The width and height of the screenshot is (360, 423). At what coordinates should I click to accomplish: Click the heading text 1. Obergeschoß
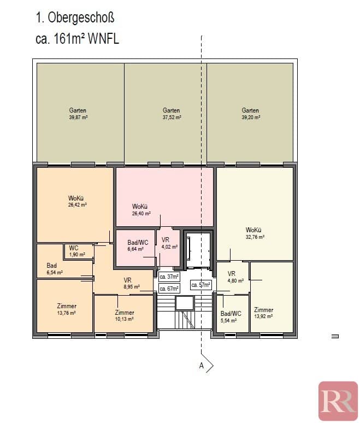(75, 18)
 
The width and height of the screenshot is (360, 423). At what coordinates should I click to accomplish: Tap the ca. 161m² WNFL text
(77, 39)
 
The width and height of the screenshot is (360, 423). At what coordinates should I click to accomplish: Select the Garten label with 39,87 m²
(78, 114)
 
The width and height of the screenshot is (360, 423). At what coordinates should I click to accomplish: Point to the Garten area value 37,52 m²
(172, 117)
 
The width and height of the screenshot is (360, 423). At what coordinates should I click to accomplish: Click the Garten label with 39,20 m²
(251, 114)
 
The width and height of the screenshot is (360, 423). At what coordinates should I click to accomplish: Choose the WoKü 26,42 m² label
(78, 201)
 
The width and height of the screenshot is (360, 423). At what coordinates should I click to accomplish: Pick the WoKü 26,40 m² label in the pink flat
(141, 210)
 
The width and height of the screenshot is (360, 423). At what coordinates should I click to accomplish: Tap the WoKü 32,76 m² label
(255, 233)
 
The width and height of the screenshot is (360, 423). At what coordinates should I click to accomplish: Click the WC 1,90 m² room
(77, 251)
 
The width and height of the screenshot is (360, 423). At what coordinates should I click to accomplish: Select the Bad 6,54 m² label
(55, 269)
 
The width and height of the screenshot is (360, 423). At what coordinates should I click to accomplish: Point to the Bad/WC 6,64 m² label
(138, 245)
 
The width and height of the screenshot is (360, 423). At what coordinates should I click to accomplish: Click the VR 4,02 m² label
(169, 243)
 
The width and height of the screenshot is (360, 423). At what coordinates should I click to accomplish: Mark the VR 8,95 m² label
(132, 283)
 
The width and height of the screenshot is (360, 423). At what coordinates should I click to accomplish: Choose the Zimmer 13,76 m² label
(66, 309)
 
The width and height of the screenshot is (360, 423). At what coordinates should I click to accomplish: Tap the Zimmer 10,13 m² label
(125, 316)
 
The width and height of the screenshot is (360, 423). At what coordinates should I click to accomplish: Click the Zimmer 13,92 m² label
(263, 313)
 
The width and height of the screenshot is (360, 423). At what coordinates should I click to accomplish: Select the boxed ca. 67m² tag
(169, 289)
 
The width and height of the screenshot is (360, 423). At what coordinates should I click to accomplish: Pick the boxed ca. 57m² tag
(201, 285)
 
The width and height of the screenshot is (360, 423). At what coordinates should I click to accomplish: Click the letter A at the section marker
(202, 366)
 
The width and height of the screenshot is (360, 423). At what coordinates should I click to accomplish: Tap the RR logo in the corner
(338, 401)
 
